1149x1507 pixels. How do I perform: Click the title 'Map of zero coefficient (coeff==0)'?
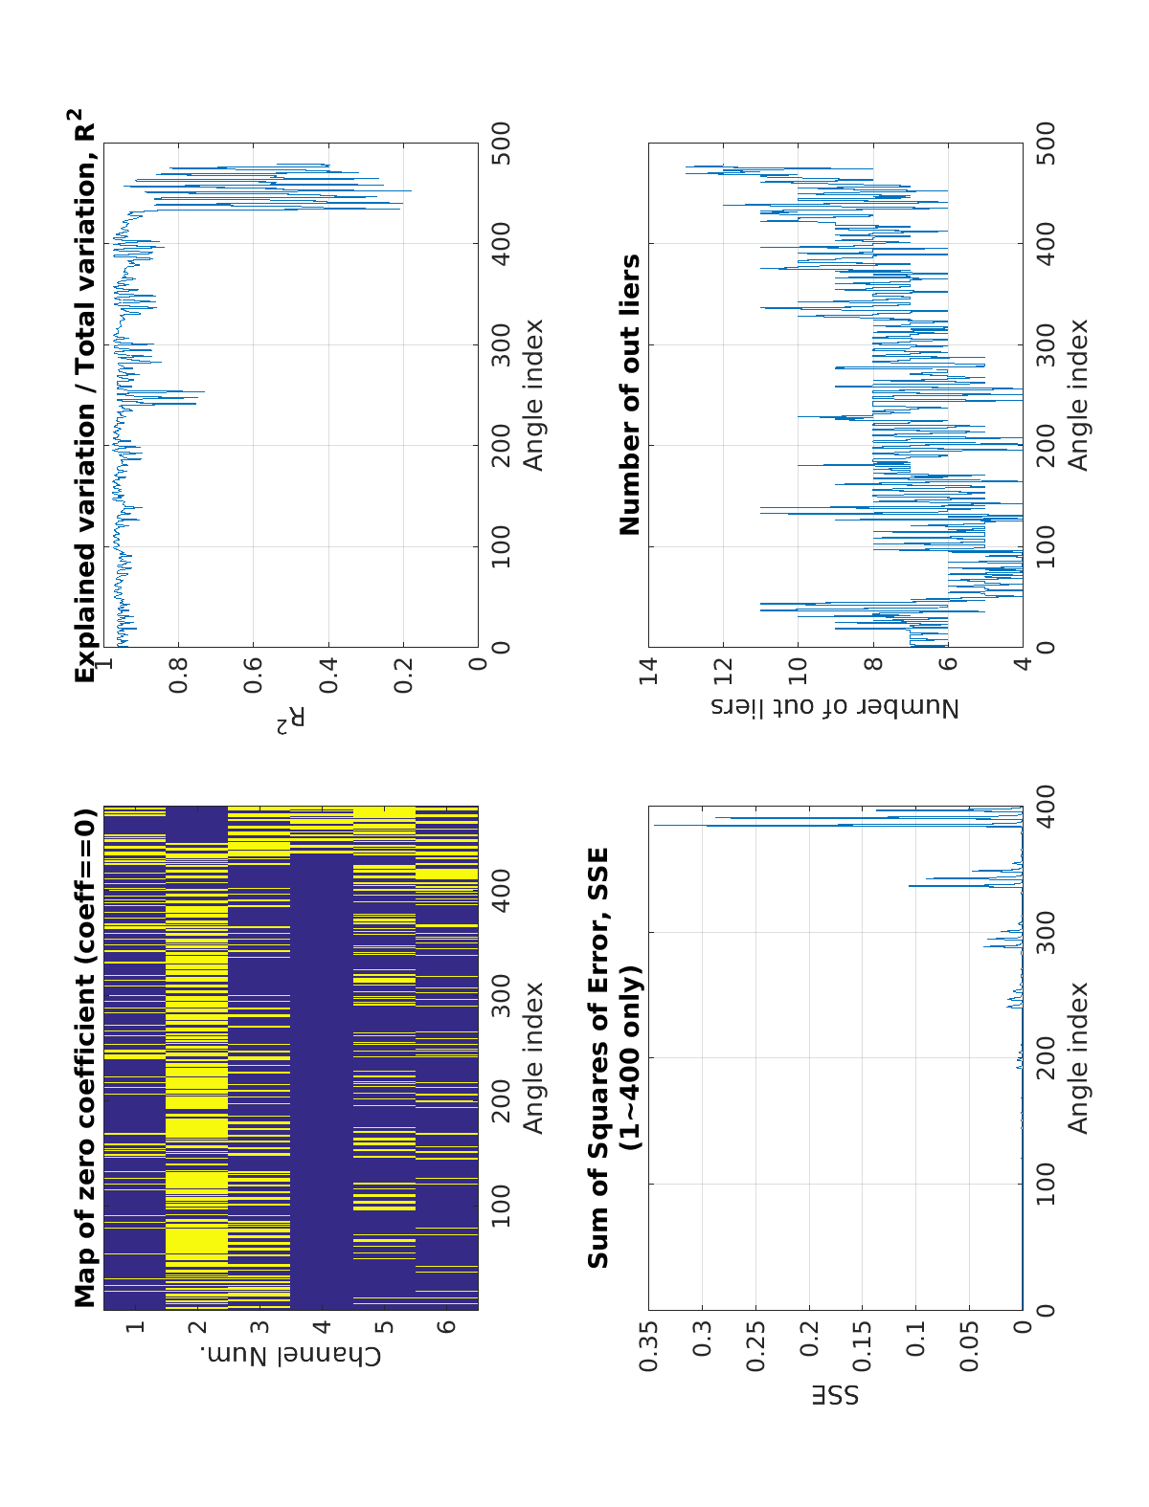[x=86, y=1058]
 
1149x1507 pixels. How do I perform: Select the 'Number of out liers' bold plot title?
[x=629, y=394]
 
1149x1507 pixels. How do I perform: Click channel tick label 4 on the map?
[x=322, y=1327]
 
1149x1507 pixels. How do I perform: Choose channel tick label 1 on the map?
[x=135, y=1327]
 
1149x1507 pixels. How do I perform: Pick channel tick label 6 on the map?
[x=446, y=1327]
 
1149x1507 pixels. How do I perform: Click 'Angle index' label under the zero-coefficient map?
[x=532, y=1058]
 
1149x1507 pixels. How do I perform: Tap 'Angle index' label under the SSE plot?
[x=1078, y=1058]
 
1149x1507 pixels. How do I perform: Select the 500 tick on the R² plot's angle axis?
[x=500, y=143]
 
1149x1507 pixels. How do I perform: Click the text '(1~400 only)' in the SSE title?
[x=631, y=1058]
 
